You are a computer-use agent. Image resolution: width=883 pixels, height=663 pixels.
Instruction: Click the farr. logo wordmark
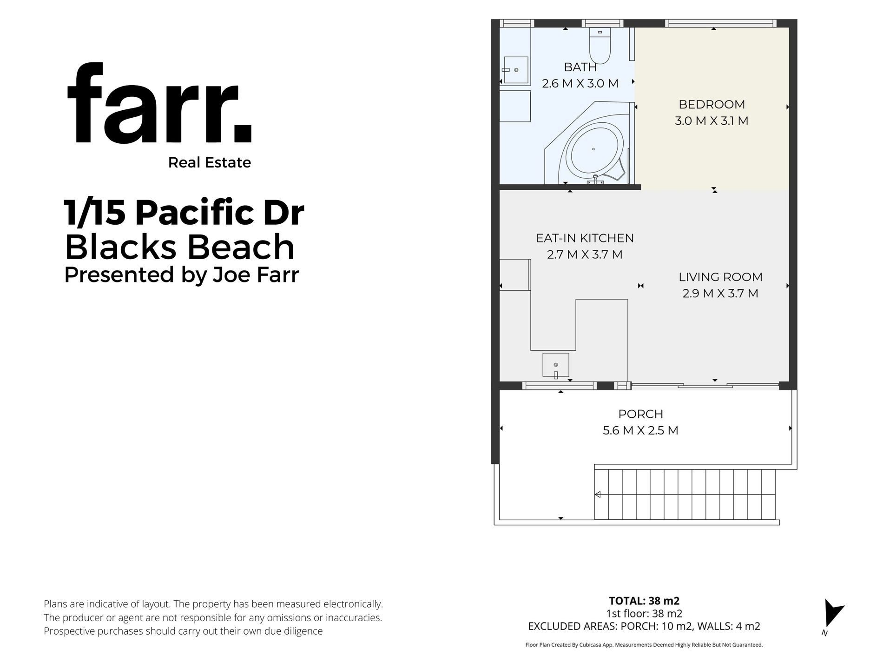(159, 103)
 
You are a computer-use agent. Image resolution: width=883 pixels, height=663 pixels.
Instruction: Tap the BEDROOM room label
(712, 104)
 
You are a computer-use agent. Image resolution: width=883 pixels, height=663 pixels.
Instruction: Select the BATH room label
(580, 67)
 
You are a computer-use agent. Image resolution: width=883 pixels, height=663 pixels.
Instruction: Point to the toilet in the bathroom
(600, 45)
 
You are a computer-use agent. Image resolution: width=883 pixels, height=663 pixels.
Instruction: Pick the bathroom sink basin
(516, 70)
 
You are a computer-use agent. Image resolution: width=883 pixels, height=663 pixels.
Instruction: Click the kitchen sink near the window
(556, 365)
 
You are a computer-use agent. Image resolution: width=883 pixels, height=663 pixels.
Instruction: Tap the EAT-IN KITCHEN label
(585, 238)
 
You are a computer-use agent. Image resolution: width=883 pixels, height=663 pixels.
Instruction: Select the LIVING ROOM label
(720, 277)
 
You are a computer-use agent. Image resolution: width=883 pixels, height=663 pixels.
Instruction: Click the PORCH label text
(640, 414)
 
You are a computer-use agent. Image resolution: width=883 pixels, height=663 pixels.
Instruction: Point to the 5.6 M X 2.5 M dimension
(640, 430)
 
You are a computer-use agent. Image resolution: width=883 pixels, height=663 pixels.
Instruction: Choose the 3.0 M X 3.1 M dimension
(712, 121)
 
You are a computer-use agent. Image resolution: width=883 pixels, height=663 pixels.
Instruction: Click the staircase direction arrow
(598, 495)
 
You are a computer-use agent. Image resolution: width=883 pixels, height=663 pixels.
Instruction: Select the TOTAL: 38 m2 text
(644, 601)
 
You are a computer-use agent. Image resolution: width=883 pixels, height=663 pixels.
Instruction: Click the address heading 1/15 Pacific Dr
(184, 212)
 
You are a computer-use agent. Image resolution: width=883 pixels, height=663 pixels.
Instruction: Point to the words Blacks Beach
(179, 247)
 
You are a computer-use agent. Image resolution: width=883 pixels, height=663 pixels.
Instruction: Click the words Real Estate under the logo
(210, 162)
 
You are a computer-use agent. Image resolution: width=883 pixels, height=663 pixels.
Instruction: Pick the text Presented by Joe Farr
(181, 275)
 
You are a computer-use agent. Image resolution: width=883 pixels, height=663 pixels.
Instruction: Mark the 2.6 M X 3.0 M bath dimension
(580, 84)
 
